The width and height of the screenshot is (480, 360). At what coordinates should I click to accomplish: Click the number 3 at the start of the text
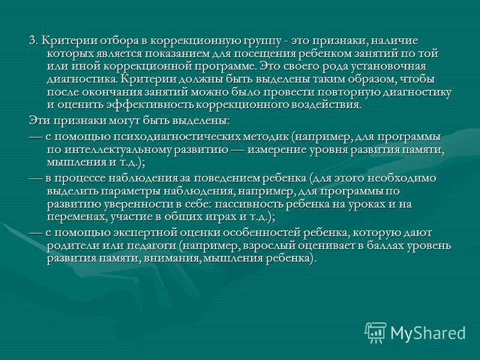pyautogui.click(x=32, y=40)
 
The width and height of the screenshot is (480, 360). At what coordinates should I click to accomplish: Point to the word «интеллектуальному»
pyautogui.click(x=115, y=150)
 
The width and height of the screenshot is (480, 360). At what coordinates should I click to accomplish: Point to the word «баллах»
pyautogui.click(x=379, y=246)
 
